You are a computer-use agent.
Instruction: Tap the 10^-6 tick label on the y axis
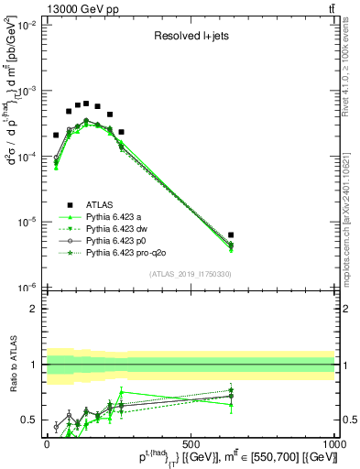pyautogui.click(x=25, y=287)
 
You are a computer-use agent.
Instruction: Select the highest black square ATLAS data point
pyautogui.click(x=86, y=104)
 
